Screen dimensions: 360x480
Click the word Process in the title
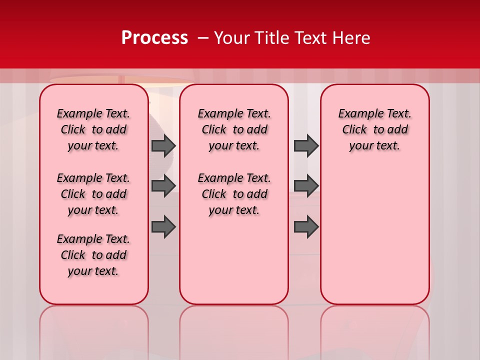coord(154,38)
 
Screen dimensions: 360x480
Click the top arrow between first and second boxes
coord(163,145)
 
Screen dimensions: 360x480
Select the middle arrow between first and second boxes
coord(163,186)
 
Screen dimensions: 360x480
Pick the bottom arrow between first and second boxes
coord(163,227)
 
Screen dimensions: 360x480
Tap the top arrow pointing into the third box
coord(306,145)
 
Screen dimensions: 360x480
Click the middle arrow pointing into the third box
coord(306,186)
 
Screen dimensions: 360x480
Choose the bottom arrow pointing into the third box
coord(306,227)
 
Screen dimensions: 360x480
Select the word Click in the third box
coord(354,129)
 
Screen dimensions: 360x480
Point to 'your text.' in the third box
coord(374,145)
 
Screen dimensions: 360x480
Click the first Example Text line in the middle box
coord(234,113)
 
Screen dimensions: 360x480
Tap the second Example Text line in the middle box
coord(234,178)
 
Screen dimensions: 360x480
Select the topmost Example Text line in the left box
coord(93,113)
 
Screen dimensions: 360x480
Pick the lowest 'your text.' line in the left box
coord(93,271)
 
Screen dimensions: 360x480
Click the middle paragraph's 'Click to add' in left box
coord(93,194)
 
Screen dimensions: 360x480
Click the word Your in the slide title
coord(231,38)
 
